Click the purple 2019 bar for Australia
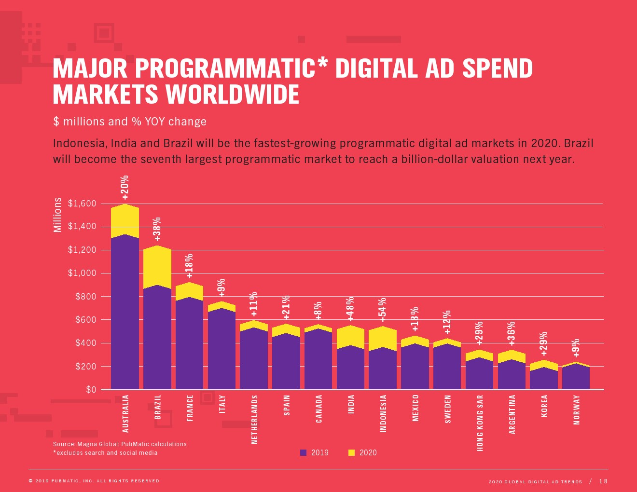pos(125,314)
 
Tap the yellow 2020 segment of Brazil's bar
pos(157,267)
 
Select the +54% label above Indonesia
pos(383,310)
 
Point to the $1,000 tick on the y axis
pos(82,273)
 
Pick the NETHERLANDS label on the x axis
pos(255,419)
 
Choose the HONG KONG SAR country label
pos(480,423)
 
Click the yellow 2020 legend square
pos(351,452)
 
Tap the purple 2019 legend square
pos(304,452)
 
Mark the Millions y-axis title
pos(57,215)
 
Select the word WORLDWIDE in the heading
pos(233,95)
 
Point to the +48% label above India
pos(350,309)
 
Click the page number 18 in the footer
pos(603,481)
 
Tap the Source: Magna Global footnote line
pos(120,444)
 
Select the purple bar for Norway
pos(576,377)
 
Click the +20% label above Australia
pos(125,188)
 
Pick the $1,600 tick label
pos(82,204)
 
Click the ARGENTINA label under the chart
pos(512,414)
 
